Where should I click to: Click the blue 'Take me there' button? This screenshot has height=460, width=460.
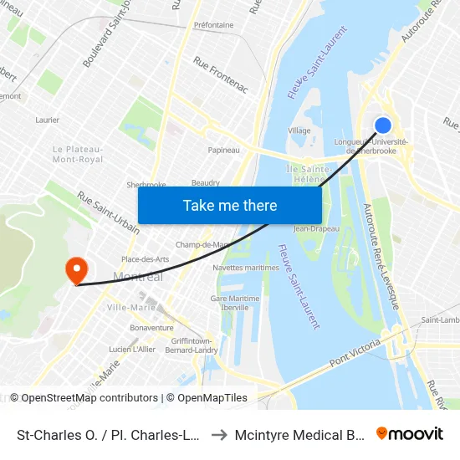(230, 206)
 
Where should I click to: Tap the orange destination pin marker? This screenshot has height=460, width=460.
(77, 270)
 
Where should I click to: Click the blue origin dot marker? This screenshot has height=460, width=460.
(383, 125)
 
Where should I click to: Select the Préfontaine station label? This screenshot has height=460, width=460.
(213, 25)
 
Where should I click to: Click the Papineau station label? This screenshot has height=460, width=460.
(223, 151)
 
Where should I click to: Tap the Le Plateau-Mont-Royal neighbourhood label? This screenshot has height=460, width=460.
(78, 154)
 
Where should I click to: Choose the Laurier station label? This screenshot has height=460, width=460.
(47, 120)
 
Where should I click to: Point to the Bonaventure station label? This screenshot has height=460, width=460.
(151, 328)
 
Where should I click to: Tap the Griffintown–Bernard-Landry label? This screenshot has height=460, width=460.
(190, 345)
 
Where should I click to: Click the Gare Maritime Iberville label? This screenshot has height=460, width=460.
(230, 303)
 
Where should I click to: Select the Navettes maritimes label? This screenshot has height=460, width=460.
(245, 268)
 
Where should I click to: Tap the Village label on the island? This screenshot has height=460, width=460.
(299, 130)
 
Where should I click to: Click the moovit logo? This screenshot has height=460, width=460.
(410, 433)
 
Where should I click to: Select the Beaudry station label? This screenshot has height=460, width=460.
(206, 182)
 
